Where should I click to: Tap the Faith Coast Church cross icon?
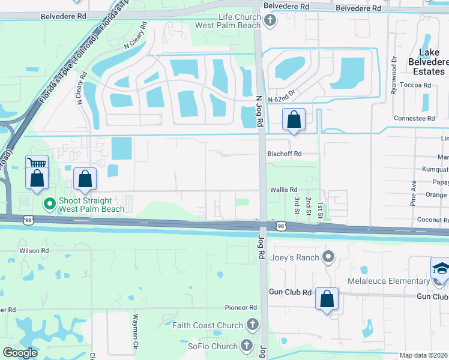pyautogui.click(x=253, y=325)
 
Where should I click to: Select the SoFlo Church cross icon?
pyautogui.click(x=247, y=345)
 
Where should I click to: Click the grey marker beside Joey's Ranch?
pyautogui.click(x=328, y=258)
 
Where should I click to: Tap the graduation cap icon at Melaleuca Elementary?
pyautogui.click(x=440, y=268)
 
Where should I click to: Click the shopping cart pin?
pyautogui.click(x=37, y=164)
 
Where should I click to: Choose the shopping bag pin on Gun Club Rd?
pyautogui.click(x=327, y=298)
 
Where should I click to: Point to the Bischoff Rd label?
pyautogui.click(x=284, y=154)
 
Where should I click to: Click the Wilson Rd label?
pyautogui.click(x=34, y=250)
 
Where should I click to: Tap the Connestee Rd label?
pyautogui.click(x=414, y=118)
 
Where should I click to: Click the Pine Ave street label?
pyautogui.click(x=414, y=191)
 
